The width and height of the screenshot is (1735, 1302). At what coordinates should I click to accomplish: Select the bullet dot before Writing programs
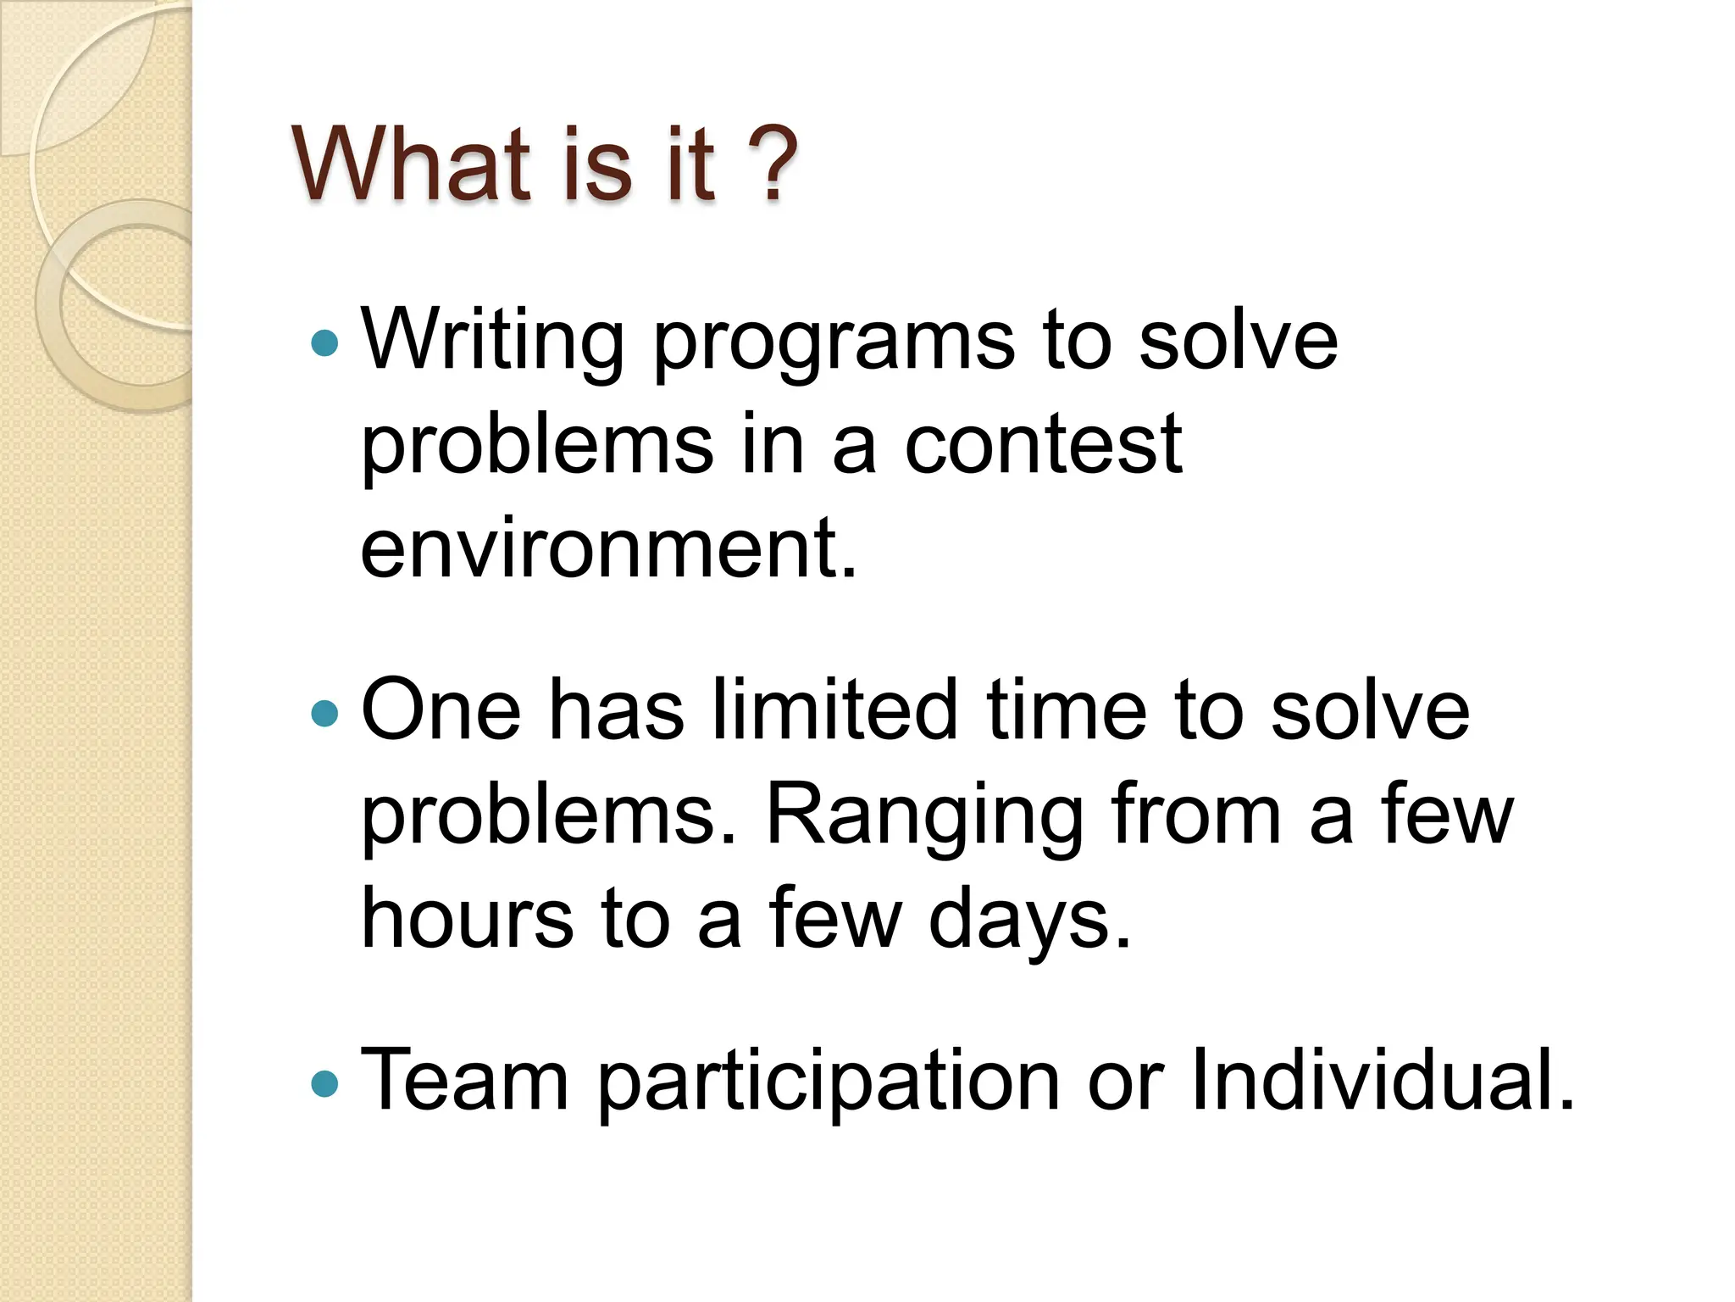(324, 343)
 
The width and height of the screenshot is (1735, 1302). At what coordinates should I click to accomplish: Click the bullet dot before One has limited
(324, 713)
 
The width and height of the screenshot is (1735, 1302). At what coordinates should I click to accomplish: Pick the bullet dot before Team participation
(324, 1082)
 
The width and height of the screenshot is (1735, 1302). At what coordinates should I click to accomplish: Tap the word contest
(1043, 445)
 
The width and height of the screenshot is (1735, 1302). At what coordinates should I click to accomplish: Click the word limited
(834, 710)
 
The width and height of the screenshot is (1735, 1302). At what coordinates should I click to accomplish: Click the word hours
(467, 919)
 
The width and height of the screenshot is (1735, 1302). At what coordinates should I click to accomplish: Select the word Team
(464, 1080)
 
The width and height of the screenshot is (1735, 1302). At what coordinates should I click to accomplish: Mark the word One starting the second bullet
(441, 710)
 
